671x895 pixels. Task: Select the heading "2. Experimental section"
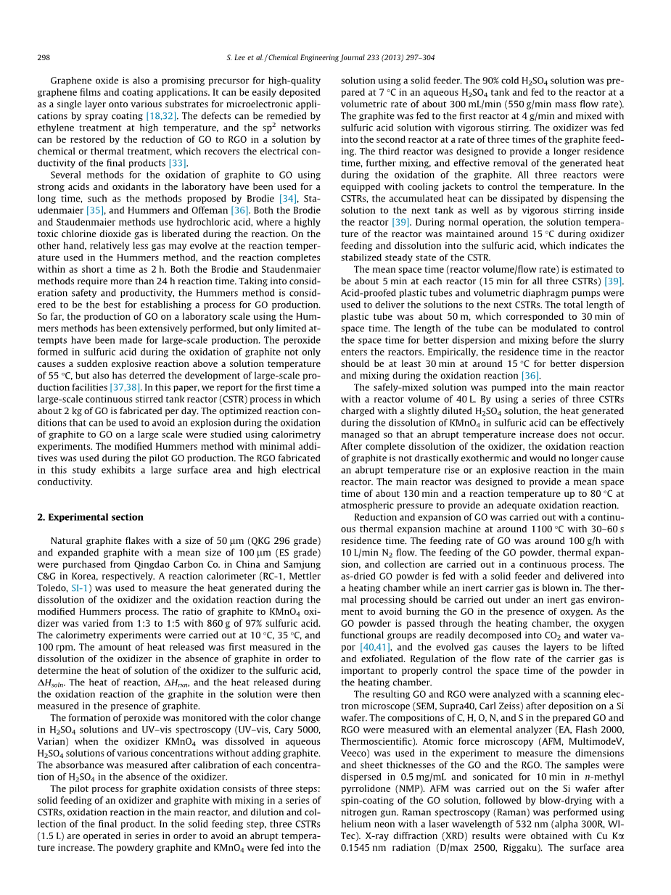90,516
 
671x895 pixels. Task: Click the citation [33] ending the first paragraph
178,163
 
